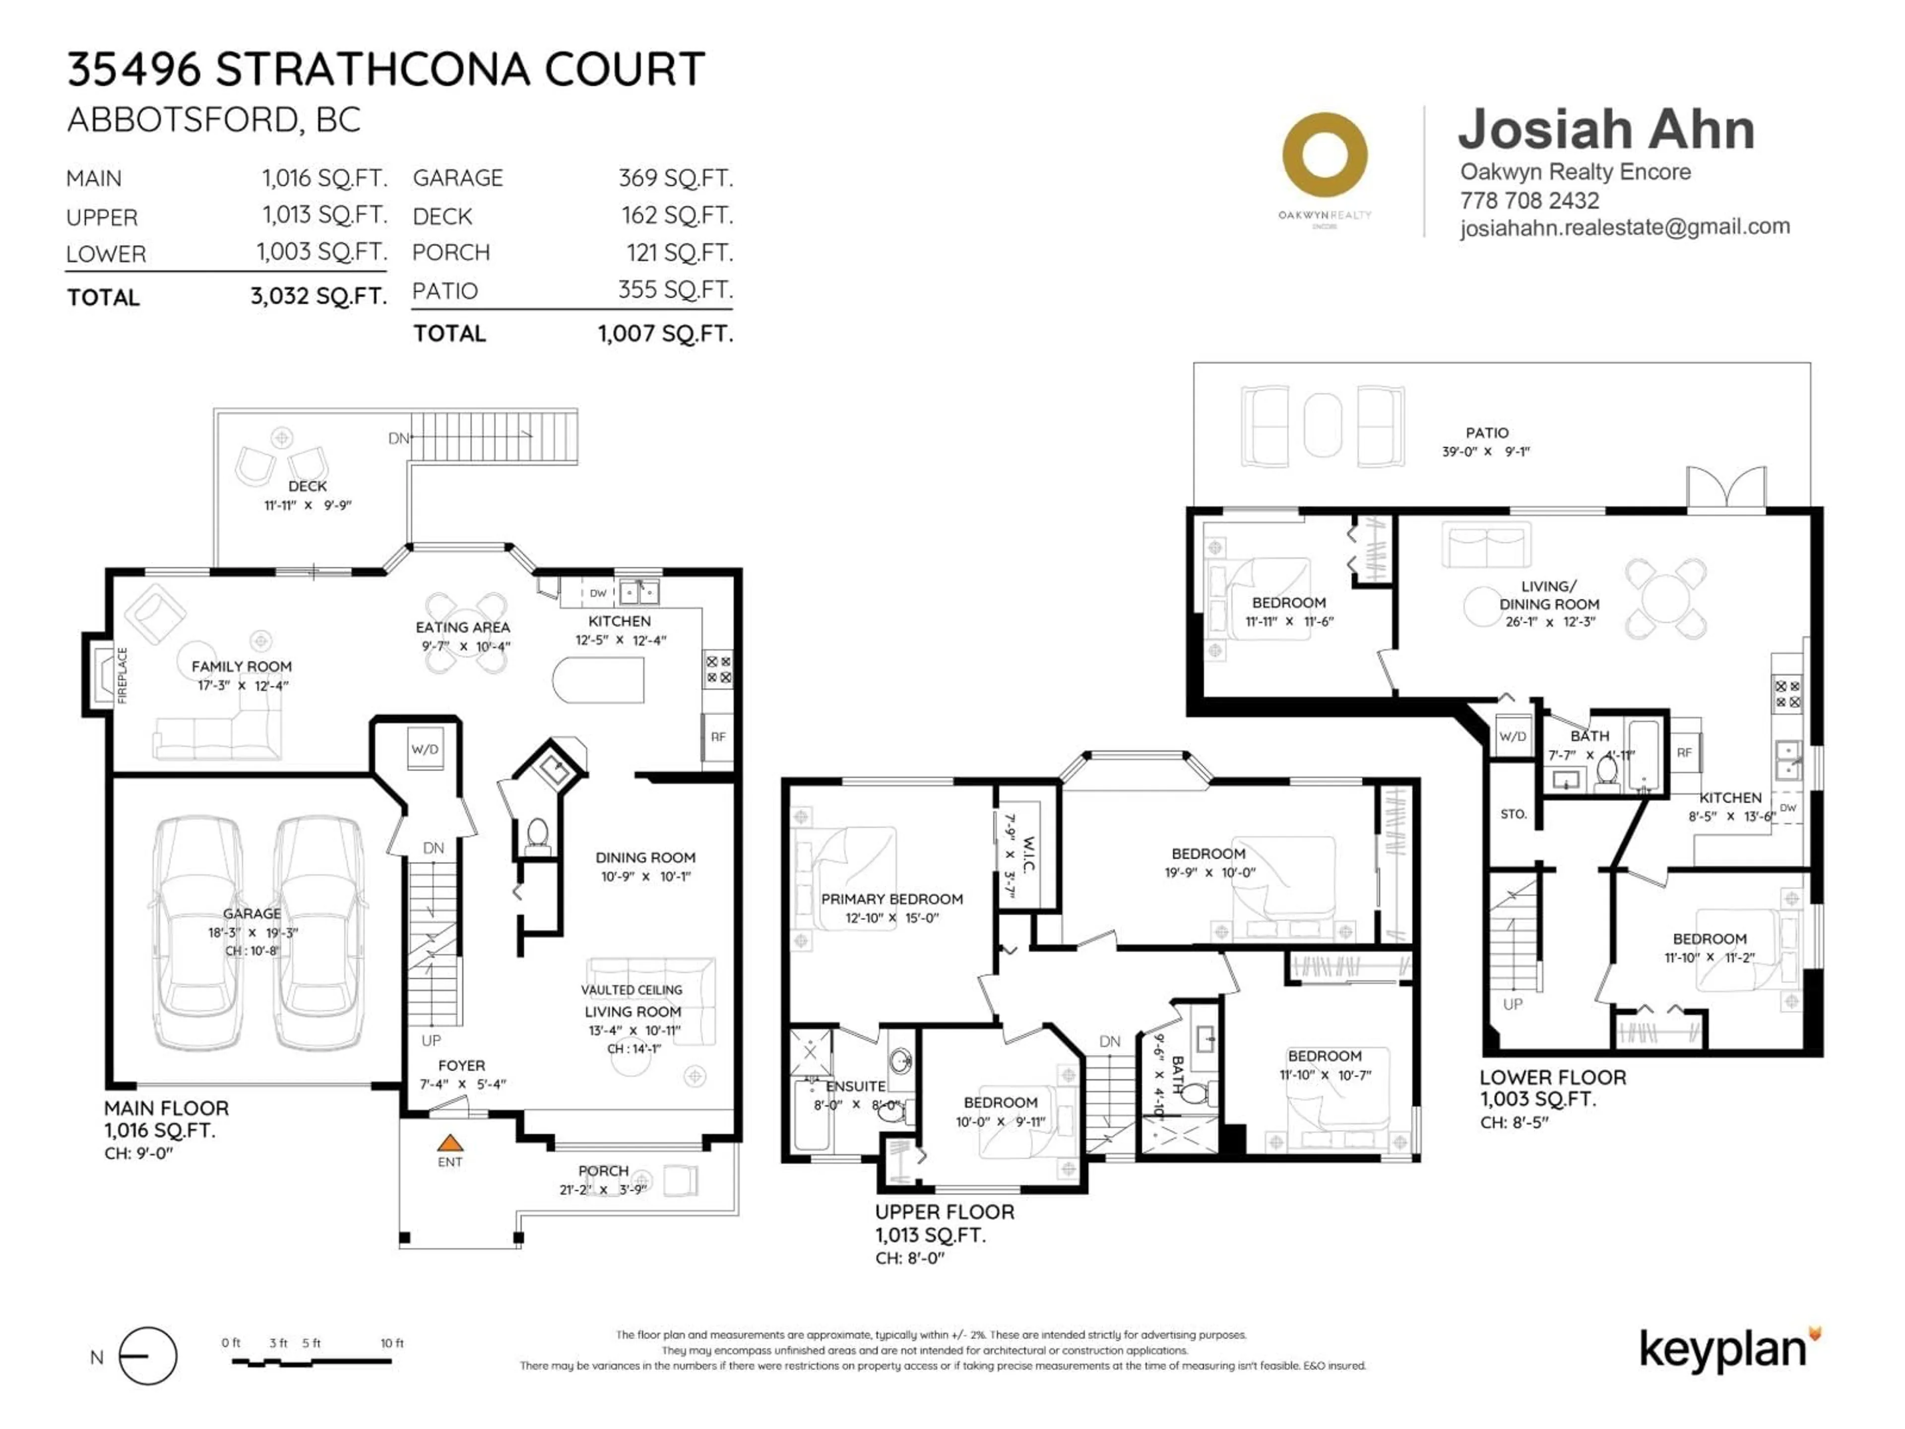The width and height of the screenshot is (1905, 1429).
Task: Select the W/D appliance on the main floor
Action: pos(425,749)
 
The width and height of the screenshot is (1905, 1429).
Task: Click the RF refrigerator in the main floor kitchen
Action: pos(717,737)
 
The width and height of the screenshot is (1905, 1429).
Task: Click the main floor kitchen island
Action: pos(599,680)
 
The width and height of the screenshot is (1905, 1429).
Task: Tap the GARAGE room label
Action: pos(252,913)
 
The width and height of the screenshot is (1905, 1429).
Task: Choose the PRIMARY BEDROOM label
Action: pos(891,899)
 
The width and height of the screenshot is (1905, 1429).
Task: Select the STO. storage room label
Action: pos(1513,814)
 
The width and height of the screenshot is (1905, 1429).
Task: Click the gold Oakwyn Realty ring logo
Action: pos(1325,155)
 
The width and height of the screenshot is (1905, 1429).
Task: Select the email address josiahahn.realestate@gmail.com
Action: pos(1624,227)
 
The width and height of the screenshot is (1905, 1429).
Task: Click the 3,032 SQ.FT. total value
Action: pos(318,296)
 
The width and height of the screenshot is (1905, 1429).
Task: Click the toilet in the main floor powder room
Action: pos(537,834)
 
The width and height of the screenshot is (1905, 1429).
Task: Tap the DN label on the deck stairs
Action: pos(398,439)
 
